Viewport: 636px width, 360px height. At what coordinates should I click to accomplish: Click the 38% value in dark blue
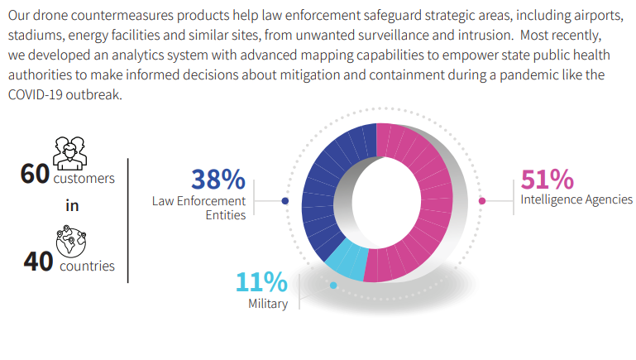(x=218, y=179)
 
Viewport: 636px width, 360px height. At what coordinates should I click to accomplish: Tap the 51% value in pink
(x=548, y=179)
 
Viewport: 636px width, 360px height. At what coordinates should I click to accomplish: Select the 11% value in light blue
(x=261, y=281)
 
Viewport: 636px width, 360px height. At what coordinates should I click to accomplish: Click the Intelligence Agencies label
(x=576, y=199)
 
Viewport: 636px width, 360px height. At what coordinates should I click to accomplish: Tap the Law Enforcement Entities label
(x=199, y=208)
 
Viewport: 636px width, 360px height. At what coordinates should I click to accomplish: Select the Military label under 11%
(x=268, y=304)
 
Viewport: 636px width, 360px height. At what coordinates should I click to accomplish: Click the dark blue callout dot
(x=285, y=201)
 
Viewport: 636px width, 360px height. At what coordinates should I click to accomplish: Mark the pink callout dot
(x=482, y=201)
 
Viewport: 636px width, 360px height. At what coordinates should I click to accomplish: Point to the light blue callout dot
(x=333, y=286)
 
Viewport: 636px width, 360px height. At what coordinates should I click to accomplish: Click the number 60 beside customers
(x=35, y=174)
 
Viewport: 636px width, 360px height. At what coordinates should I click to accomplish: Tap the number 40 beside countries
(x=38, y=261)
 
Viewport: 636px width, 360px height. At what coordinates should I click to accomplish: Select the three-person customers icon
(x=69, y=153)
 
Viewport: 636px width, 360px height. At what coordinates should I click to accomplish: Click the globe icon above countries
(x=71, y=242)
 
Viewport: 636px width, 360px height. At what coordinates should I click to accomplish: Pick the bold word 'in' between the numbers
(x=72, y=206)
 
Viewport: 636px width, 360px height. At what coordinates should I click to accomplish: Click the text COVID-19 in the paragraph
(x=36, y=94)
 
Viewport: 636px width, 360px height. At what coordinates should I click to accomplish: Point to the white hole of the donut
(x=385, y=202)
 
